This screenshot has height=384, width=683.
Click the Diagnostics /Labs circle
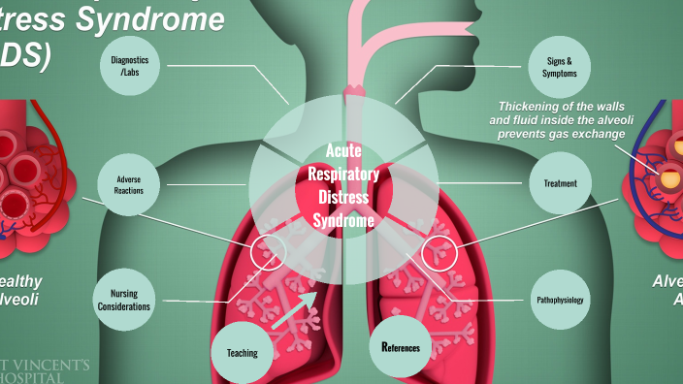coord(136,65)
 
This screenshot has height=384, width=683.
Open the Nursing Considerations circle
coord(123,300)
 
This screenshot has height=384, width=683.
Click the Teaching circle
coord(243,352)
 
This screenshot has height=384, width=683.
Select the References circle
coord(400,345)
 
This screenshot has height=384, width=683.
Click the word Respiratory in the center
coord(343,174)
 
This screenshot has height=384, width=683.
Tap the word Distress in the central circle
coord(343,198)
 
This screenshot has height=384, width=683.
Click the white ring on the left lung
coord(268,252)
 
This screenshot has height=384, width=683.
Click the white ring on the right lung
coord(439,252)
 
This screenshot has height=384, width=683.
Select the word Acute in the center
coord(343,150)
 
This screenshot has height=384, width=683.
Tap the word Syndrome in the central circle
coord(343,221)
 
